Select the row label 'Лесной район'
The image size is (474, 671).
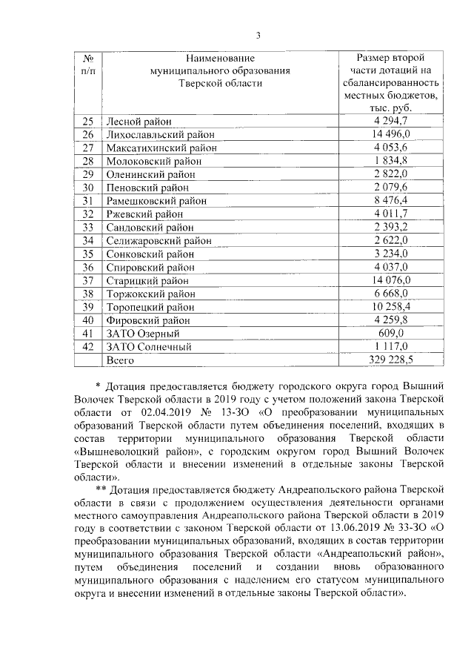pyautogui.click(x=138, y=121)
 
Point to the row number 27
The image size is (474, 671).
pyautogui.click(x=88, y=148)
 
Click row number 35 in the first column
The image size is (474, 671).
pyautogui.click(x=88, y=254)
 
